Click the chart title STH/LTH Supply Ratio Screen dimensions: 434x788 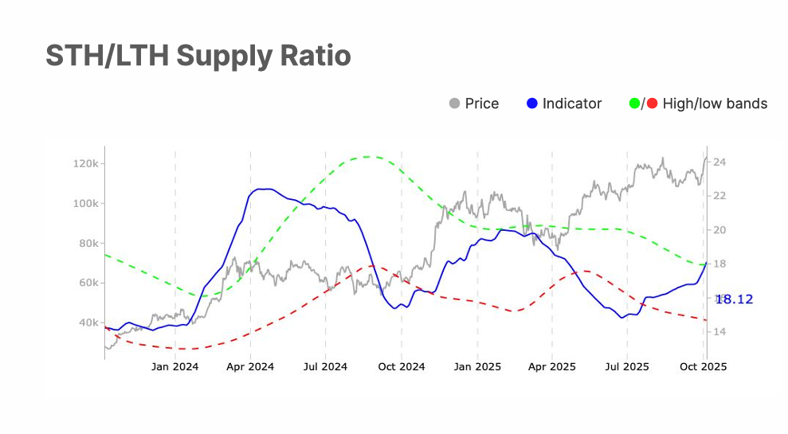pos(198,56)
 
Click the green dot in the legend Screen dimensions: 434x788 pos(635,104)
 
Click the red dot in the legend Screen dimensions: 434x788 pos(652,104)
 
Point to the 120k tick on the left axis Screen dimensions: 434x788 pos(84,163)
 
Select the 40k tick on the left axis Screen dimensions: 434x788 pos(87,323)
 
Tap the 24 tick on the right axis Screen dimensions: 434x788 pos(719,162)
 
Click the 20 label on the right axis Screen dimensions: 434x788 pos(719,230)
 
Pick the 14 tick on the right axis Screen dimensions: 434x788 pos(719,331)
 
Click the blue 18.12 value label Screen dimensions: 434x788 pos(734,299)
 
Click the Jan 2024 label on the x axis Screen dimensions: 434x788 pos(174,367)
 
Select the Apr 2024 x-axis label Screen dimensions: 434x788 pos(250,367)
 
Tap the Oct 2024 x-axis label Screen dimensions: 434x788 pos(401,367)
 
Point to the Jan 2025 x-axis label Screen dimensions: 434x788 pos(476,367)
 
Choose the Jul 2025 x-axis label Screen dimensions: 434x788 pos(626,367)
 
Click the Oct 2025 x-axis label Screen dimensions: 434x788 pos(702,367)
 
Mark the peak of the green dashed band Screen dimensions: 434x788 pos(367,157)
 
